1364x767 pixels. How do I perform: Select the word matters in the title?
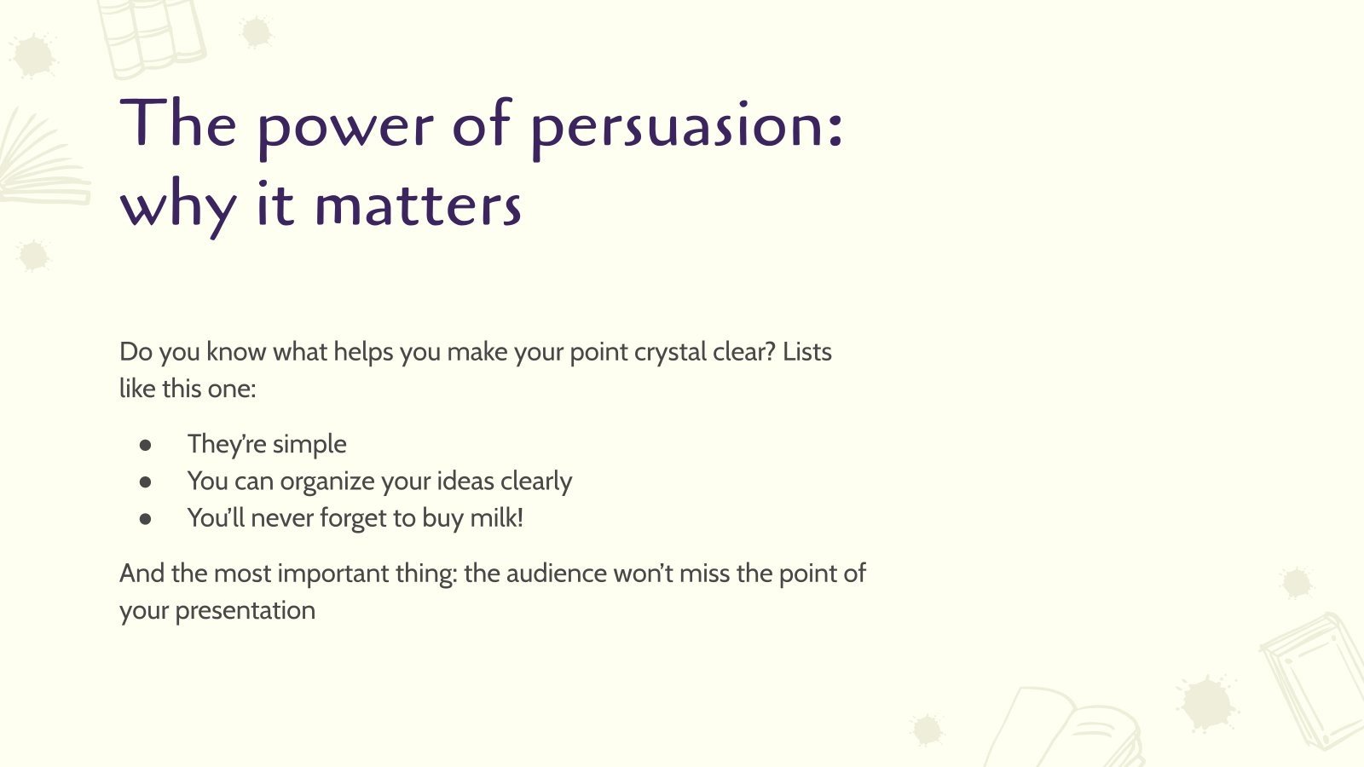tap(418, 206)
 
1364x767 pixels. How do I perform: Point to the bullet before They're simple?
tap(146, 445)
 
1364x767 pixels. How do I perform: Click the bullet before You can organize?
tap(146, 482)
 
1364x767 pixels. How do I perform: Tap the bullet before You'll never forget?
tap(146, 518)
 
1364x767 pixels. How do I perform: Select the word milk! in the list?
tap(496, 517)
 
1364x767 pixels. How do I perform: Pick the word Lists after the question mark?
tap(806, 351)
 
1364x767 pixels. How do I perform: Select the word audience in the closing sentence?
tap(556, 574)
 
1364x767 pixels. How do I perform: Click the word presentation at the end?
tap(245, 611)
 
